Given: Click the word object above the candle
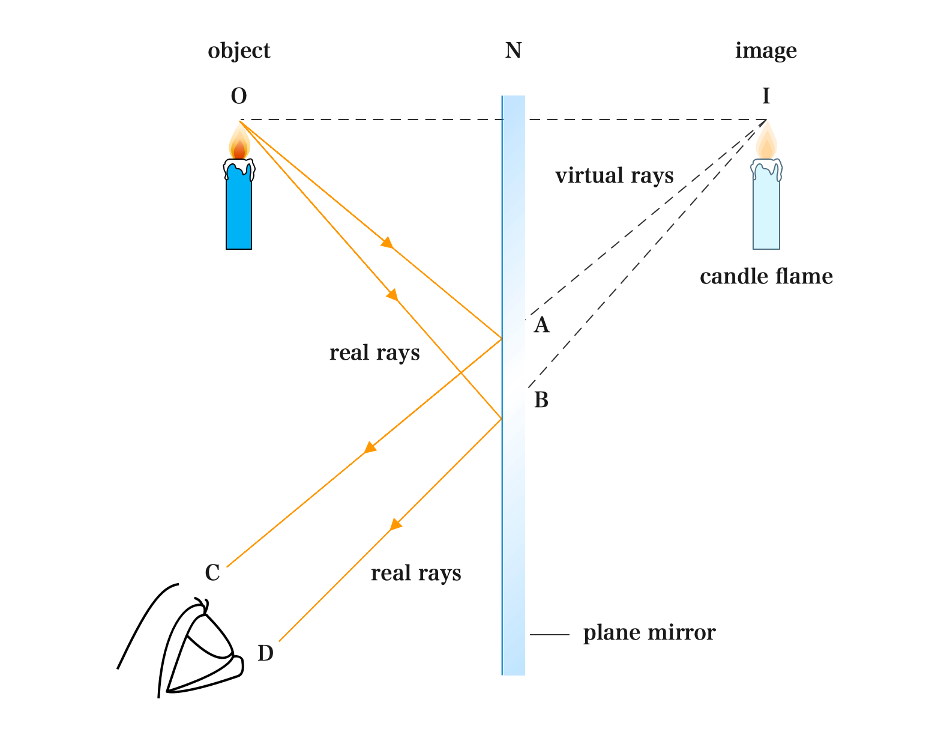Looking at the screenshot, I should [239, 51].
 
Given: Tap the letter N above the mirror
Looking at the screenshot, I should [513, 51].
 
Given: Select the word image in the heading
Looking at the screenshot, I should [766, 51].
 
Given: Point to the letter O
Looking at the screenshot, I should [239, 96].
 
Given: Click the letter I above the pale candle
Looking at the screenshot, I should [766, 96].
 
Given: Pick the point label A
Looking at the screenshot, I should [541, 325].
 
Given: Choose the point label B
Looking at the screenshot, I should [541, 400].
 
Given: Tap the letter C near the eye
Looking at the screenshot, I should [212, 573].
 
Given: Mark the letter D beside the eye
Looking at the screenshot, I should [265, 653].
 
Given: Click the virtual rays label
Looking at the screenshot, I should [614, 176].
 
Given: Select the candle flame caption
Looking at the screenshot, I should [766, 277].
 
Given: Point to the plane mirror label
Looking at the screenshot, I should [649, 633].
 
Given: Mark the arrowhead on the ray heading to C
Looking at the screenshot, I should [370, 448].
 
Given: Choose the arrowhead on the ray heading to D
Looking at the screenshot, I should [395, 524].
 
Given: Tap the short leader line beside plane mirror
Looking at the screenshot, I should [549, 634].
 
